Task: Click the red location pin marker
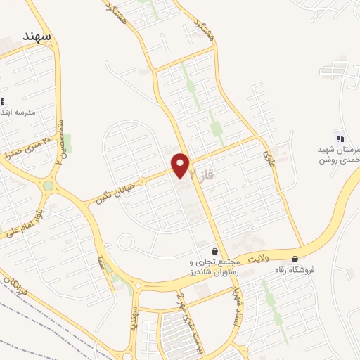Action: pos(181,165)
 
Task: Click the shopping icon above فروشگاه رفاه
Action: pos(295,259)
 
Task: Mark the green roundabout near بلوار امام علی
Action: pos(48,186)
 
